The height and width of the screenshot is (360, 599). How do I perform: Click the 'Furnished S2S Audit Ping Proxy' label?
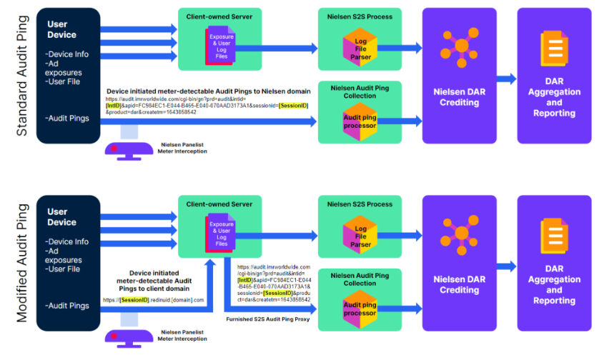pos(268,319)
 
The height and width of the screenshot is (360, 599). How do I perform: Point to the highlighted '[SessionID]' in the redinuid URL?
pos(134,300)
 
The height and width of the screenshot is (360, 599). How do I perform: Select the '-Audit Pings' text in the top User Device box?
pos(66,118)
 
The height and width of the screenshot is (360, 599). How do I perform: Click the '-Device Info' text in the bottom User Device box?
pos(66,241)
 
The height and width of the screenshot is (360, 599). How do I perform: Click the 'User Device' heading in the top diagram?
pos(61,29)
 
